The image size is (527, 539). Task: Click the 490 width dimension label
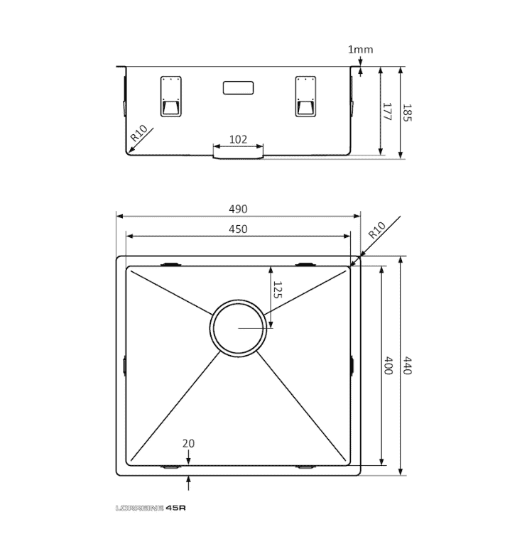tap(238, 209)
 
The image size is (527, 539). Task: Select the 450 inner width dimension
tap(238, 229)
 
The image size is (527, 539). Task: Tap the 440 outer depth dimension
tap(407, 366)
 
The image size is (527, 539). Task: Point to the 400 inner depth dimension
tap(389, 366)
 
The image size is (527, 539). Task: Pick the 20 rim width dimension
tap(188, 443)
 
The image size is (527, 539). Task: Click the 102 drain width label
tap(239, 139)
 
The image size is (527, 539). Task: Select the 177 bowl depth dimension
tap(387, 112)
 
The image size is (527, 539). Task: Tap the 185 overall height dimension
tap(407, 112)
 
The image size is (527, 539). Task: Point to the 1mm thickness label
tap(360, 50)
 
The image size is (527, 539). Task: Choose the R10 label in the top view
tap(376, 231)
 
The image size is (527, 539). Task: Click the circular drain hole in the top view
tap(239, 327)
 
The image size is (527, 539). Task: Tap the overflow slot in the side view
tap(239, 88)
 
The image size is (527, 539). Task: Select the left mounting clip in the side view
tap(171, 95)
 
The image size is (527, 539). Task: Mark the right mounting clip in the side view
tap(305, 95)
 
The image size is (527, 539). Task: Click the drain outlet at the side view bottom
tap(239, 153)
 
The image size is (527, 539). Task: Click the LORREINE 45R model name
tap(150, 508)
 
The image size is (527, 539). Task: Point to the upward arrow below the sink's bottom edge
tap(188, 484)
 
